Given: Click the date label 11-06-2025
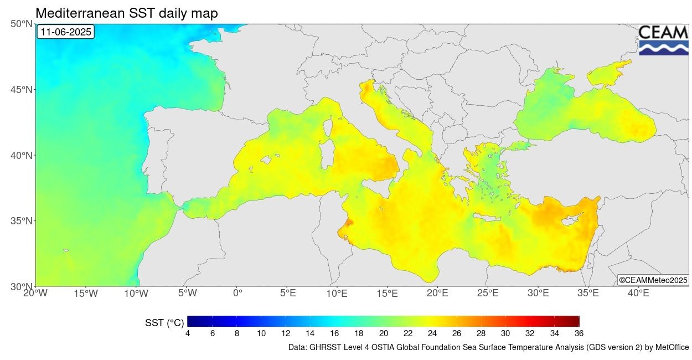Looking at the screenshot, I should [x=65, y=32].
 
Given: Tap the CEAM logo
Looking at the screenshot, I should [x=663, y=39].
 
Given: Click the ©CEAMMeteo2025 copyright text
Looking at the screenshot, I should [x=653, y=281].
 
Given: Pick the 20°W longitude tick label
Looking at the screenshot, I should [x=36, y=293].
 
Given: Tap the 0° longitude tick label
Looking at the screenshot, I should [x=237, y=293].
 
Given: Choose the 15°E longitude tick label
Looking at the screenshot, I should [x=388, y=293].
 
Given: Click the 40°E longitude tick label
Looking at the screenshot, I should [x=638, y=293].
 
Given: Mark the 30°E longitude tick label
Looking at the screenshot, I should [x=538, y=293].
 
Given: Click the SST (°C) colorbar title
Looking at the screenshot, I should [x=164, y=322].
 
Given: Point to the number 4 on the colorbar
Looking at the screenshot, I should [x=188, y=333].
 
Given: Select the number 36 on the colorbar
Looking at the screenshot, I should [x=579, y=333].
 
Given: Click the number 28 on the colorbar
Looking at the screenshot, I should [x=481, y=333].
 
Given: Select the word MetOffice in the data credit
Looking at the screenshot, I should [x=672, y=348].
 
